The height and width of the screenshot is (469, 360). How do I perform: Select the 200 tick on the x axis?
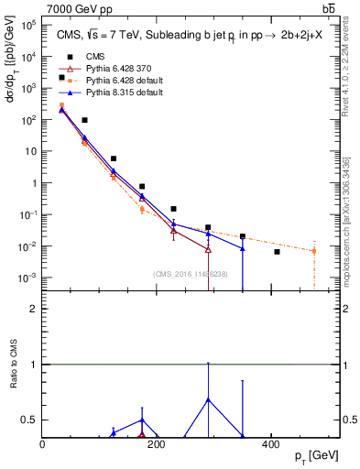pyautogui.click(x=157, y=444)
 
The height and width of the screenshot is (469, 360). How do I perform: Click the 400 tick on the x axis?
pyautogui.click(x=270, y=444)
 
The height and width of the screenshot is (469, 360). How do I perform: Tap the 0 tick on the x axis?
pyautogui.click(x=43, y=444)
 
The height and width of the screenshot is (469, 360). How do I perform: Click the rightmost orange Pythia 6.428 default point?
pyautogui.click(x=313, y=250)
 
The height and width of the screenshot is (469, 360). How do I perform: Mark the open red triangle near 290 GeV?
pyautogui.click(x=208, y=249)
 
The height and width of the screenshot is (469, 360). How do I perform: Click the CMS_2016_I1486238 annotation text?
pyautogui.click(x=191, y=273)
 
